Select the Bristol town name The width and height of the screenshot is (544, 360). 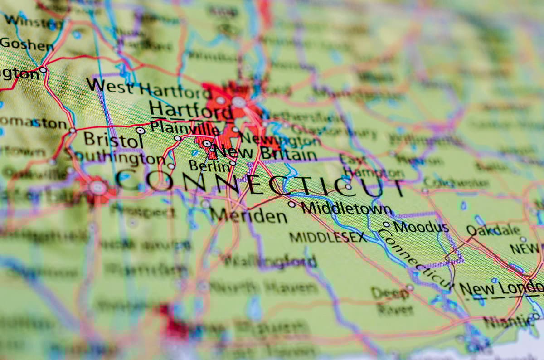tap(111, 139)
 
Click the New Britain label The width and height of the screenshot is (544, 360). tap(265, 153)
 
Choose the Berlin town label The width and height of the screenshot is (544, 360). tap(209, 166)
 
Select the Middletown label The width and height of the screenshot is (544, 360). tap(346, 209)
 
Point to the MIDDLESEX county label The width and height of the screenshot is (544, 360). tap(327, 237)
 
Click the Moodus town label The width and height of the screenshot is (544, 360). tap(421, 226)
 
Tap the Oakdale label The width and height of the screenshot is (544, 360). tap(493, 230)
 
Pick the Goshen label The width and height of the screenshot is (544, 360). tap(27, 44)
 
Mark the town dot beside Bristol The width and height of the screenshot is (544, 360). tap(141, 131)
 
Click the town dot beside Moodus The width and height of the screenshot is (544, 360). tap(386, 224)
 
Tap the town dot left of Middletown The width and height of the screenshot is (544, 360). tap(291, 204)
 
